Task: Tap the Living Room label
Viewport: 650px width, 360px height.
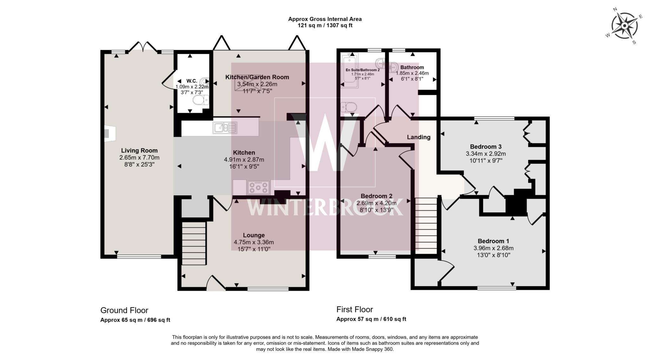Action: click(139, 150)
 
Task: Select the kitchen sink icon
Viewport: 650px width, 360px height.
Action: click(225, 128)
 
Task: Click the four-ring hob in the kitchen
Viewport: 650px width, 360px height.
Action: click(258, 187)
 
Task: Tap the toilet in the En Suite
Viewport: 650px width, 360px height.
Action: click(346, 107)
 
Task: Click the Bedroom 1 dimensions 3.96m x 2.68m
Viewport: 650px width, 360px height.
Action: click(493, 248)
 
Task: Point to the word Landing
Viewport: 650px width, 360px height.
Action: click(419, 137)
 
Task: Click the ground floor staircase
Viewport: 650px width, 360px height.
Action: click(194, 243)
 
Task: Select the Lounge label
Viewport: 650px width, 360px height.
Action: click(254, 235)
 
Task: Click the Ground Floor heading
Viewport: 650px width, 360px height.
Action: click(124, 310)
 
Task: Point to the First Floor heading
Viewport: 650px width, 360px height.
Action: click(355, 309)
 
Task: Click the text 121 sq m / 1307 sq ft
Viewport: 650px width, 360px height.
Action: click(325, 25)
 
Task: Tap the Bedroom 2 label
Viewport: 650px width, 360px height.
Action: click(376, 196)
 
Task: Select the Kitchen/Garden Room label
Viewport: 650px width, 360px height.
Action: click(257, 77)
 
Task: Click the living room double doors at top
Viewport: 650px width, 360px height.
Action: click(143, 47)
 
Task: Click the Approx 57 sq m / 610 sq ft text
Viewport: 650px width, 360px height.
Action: click(371, 319)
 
